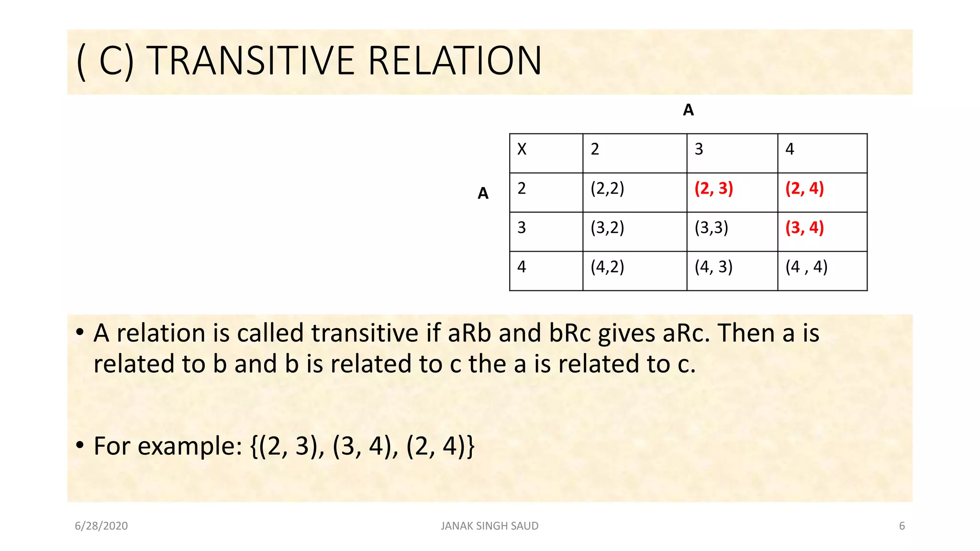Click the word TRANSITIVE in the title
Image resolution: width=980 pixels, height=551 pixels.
pyautogui.click(x=253, y=61)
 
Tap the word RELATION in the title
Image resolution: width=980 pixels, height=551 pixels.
pyautogui.click(x=455, y=61)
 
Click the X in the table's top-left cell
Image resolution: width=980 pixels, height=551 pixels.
pyautogui.click(x=522, y=149)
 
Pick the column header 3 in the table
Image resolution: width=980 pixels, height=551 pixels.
pyautogui.click(x=699, y=149)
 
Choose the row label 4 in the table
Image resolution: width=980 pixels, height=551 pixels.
pyautogui.click(x=522, y=267)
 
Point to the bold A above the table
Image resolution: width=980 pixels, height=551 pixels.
pyautogui.click(x=688, y=110)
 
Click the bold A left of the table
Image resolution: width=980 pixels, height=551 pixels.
pyautogui.click(x=483, y=193)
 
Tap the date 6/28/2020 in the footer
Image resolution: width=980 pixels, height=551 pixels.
pyautogui.click(x=101, y=526)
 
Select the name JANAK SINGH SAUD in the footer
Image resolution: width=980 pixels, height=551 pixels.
pyautogui.click(x=490, y=526)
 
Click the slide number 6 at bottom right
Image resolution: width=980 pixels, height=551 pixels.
pyautogui.click(x=902, y=526)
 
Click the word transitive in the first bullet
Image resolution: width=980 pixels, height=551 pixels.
pyautogui.click(x=365, y=333)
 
